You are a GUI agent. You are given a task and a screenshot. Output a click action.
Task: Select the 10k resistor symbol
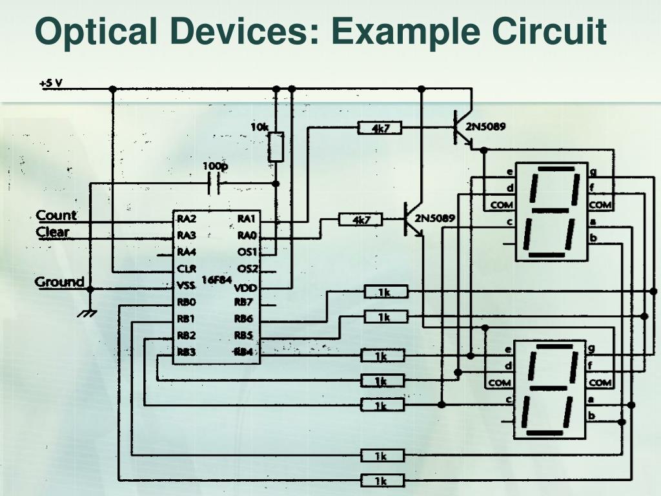(x=276, y=147)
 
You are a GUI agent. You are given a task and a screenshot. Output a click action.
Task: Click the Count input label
(x=56, y=216)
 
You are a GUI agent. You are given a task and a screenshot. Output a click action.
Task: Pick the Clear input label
(x=52, y=232)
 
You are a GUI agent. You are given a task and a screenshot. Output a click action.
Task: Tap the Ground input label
(x=59, y=282)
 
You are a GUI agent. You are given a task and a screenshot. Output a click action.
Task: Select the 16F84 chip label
(x=216, y=280)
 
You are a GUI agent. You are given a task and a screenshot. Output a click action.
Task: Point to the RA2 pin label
(x=187, y=219)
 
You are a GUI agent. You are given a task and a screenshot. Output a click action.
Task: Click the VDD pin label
(x=245, y=287)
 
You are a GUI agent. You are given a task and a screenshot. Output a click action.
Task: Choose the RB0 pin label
(x=187, y=302)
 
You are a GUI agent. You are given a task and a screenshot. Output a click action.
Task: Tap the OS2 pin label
(x=247, y=269)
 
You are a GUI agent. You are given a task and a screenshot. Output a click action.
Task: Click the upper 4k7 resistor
(x=380, y=129)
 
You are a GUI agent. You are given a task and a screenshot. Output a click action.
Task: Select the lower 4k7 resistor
(x=361, y=220)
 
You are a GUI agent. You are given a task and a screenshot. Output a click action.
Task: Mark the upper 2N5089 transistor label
(x=485, y=127)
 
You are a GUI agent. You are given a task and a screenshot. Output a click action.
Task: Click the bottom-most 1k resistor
(x=381, y=480)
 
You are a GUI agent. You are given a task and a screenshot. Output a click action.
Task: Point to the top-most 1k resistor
(x=385, y=293)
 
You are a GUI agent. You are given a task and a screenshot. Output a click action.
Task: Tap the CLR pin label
(x=187, y=269)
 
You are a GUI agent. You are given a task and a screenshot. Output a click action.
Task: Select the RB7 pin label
(x=243, y=302)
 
